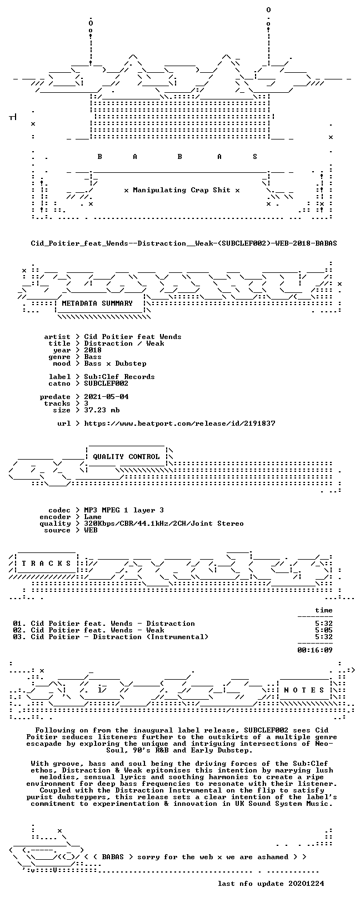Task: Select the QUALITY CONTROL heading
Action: point(126,457)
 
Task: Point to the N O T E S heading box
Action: point(304,690)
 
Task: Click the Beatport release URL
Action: point(179,423)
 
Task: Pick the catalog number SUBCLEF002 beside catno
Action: point(106,383)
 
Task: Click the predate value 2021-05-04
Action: point(106,397)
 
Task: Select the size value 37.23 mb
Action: point(102,410)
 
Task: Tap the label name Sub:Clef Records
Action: point(119,377)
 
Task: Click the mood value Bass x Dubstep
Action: point(115,363)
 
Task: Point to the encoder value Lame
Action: point(93,517)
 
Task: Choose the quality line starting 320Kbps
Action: point(163,524)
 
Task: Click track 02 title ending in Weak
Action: point(88,630)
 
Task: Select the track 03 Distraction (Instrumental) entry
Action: point(111,637)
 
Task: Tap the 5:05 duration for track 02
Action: point(323,630)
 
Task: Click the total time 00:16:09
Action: point(314,650)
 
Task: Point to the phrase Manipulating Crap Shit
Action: point(182,190)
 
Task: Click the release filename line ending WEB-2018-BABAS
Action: point(184,243)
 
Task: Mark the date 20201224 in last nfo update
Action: point(306,891)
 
